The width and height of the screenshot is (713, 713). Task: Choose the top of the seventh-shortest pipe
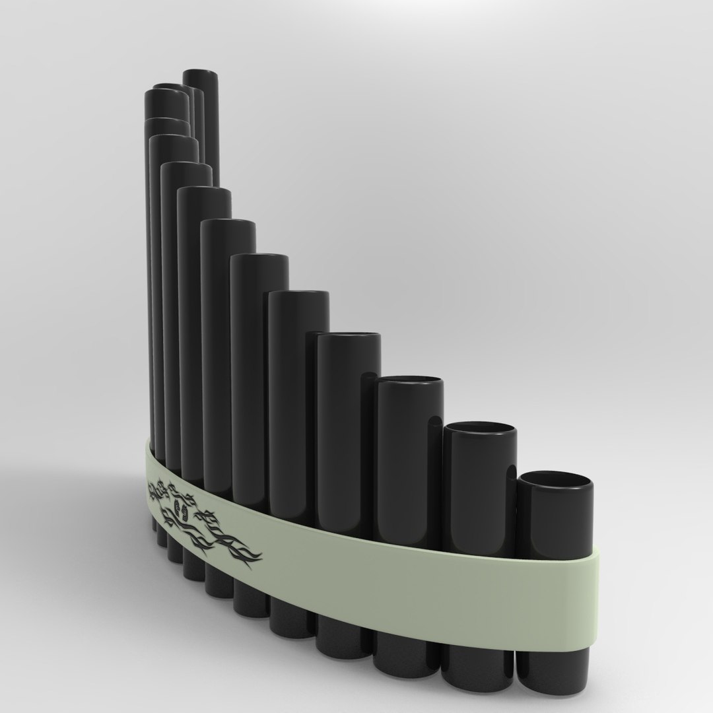228,223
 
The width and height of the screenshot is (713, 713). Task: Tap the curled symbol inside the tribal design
182,507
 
